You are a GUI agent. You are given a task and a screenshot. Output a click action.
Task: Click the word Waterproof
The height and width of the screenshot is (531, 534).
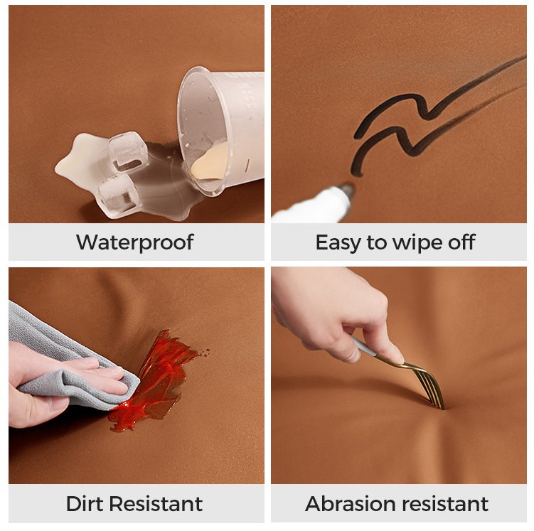pos(135,242)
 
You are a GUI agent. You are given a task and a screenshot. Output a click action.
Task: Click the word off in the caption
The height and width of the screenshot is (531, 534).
pos(461,242)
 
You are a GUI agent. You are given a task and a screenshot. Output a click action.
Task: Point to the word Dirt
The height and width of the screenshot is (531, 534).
pos(85,503)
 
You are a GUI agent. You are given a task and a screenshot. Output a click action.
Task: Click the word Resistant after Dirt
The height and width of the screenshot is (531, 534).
pos(156,503)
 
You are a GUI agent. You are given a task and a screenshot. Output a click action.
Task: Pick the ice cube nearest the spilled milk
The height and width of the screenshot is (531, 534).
pos(128,151)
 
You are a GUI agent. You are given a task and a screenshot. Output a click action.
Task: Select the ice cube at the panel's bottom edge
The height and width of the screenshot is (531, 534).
pos(117,196)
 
